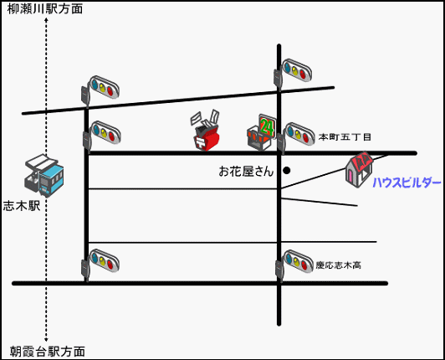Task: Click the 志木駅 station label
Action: (22, 206)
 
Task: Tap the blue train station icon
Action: (44, 175)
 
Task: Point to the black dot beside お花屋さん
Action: (287, 171)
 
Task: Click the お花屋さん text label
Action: (246, 172)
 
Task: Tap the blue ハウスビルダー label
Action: (407, 183)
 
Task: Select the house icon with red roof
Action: (359, 169)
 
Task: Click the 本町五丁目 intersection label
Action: (345, 137)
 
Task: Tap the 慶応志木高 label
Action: (339, 265)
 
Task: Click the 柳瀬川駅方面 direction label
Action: (45, 9)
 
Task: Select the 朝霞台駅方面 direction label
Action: (48, 352)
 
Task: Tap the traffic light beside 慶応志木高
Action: (295, 265)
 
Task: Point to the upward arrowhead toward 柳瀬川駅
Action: (46, 20)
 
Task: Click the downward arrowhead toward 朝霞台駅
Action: (46, 339)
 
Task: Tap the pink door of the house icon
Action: (352, 176)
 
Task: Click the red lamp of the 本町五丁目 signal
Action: (305, 138)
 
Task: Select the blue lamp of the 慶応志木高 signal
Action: (289, 259)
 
